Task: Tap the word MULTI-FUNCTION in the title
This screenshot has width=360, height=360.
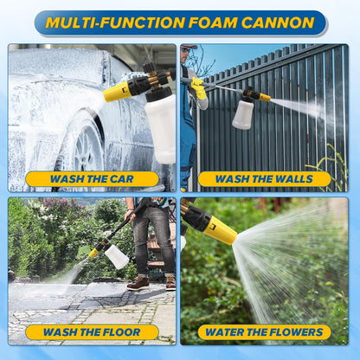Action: point(115,22)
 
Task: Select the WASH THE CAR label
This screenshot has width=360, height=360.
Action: point(92,179)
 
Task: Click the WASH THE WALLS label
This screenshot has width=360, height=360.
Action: point(264,179)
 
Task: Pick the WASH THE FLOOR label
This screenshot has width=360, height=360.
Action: point(92,332)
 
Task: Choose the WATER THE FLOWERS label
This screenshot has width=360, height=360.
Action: point(264,332)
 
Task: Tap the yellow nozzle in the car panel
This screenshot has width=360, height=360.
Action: point(116,91)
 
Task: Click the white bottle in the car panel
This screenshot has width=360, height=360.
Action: point(161,127)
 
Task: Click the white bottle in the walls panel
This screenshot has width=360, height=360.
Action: point(243,114)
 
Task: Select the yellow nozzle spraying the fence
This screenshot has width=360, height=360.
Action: point(265,97)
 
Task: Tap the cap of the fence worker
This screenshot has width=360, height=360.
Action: point(189,46)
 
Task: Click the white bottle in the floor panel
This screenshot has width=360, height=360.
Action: point(117,257)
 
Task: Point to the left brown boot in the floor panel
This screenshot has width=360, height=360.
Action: point(138,283)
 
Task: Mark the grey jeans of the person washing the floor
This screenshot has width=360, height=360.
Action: point(153,240)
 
